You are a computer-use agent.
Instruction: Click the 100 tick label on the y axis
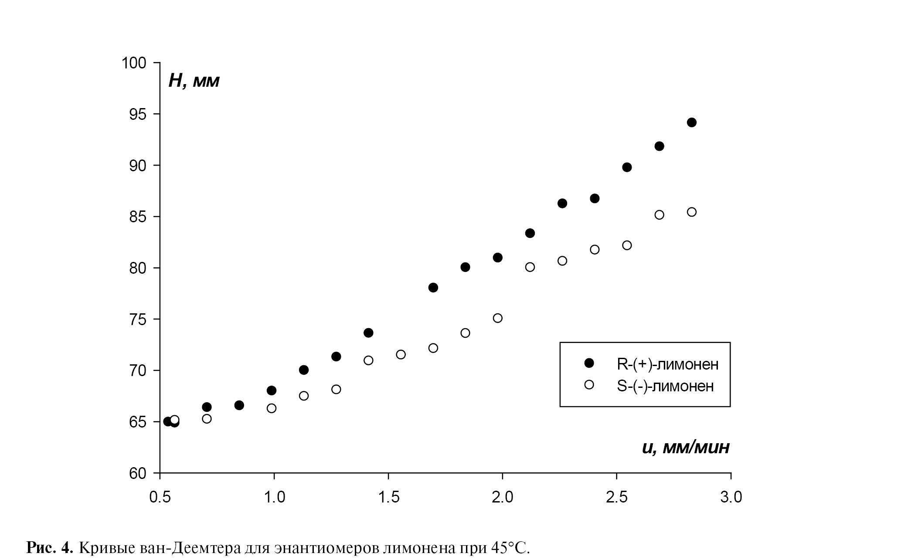pos(134,63)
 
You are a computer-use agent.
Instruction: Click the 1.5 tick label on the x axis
pos(388,497)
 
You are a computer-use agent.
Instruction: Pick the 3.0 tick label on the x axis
pos(731,497)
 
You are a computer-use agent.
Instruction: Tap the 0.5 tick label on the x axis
pos(160,497)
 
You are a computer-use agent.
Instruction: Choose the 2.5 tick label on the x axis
pos(616,497)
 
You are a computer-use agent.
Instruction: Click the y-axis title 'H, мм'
pos(194,81)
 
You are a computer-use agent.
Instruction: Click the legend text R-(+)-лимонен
pos(667,364)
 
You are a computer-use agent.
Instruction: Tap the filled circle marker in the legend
pos(589,363)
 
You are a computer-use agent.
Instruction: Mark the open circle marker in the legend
pos(589,384)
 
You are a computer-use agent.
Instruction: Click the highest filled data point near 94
pos(692,122)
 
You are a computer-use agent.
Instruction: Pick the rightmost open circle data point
pos(692,212)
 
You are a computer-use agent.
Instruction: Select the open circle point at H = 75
pos(498,318)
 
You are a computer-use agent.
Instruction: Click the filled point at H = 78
pos(433,288)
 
